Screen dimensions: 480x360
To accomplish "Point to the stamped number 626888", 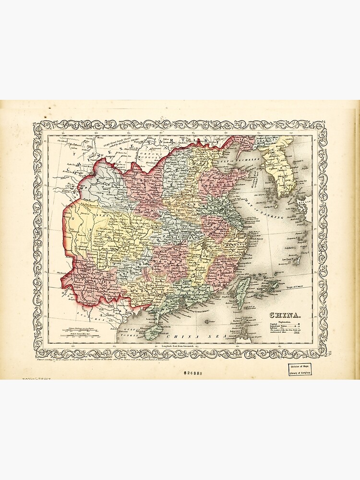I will click(192, 372).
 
